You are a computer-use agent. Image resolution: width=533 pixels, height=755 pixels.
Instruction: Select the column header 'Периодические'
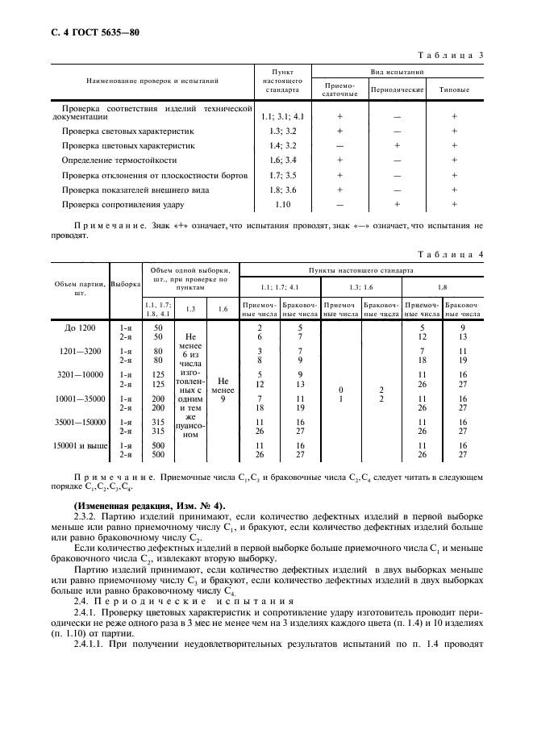point(398,90)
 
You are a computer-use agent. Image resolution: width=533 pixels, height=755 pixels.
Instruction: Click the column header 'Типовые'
point(454,90)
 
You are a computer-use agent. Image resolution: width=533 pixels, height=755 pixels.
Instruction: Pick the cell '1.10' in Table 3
point(282,205)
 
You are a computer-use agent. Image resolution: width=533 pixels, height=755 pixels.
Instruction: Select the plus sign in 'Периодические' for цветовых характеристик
point(398,145)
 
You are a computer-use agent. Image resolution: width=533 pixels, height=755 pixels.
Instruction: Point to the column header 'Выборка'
point(125,283)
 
